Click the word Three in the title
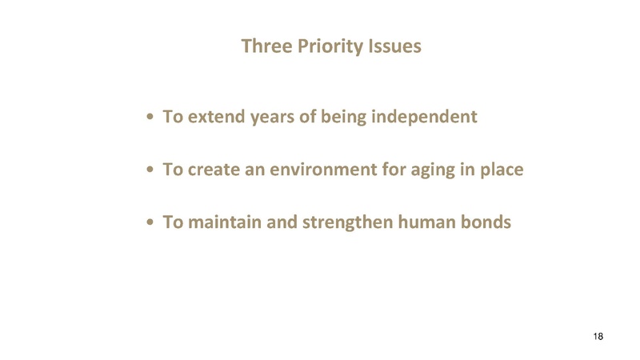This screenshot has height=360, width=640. [x=266, y=46]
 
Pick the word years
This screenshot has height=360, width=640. [x=273, y=118]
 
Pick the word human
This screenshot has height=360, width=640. [x=423, y=222]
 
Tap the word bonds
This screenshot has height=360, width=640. [x=485, y=222]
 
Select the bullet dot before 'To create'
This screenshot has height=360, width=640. [x=150, y=171]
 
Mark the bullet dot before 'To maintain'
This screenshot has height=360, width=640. [x=150, y=223]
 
